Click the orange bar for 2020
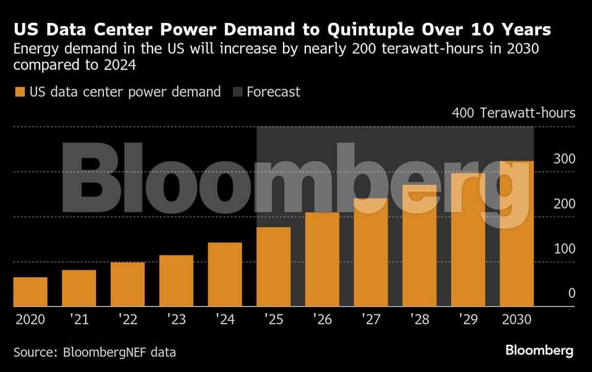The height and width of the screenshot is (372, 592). (x=30, y=291)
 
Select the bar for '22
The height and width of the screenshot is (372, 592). (x=128, y=284)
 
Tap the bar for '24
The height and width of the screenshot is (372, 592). (x=225, y=274)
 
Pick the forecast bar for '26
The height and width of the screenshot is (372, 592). (x=322, y=259)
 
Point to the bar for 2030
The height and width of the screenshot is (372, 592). (x=516, y=234)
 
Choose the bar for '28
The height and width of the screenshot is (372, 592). (x=419, y=246)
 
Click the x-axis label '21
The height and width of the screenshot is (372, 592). (x=79, y=319)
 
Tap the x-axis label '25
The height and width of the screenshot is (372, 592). (x=273, y=319)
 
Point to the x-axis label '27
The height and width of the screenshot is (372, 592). (x=370, y=319)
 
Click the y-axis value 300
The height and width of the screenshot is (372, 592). (x=564, y=159)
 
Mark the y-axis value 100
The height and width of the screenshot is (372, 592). (x=564, y=249)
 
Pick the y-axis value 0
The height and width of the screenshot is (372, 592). (x=572, y=293)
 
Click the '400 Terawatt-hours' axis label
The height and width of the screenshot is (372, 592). (x=513, y=113)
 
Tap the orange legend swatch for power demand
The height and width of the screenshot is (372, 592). (x=19, y=92)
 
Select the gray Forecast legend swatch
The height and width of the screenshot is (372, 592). (x=237, y=92)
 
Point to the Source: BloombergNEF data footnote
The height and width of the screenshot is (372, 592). (x=95, y=352)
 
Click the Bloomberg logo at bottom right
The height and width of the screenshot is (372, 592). (x=539, y=350)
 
